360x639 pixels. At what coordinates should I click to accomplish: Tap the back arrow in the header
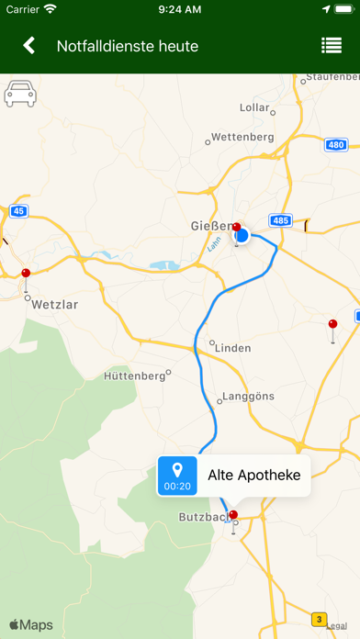click(29, 46)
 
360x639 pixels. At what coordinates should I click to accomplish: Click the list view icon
click(332, 46)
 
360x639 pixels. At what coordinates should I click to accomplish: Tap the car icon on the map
click(20, 94)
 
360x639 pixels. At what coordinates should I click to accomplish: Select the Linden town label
click(232, 347)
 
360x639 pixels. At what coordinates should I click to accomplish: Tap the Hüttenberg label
click(134, 376)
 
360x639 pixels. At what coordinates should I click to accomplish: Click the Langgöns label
click(249, 399)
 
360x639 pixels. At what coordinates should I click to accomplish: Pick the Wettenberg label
click(243, 137)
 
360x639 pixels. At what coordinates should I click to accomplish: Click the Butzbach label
click(201, 517)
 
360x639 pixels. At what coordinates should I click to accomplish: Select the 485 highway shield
click(280, 220)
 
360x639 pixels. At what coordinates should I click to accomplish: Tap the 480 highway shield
click(335, 144)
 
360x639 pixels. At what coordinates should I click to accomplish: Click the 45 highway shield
click(18, 211)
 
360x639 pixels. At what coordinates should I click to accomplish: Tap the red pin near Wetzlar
click(26, 274)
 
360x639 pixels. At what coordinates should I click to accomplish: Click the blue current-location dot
click(242, 236)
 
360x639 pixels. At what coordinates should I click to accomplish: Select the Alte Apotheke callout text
click(254, 475)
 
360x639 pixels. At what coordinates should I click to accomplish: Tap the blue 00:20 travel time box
click(177, 475)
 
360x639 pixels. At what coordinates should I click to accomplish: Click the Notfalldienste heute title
click(128, 46)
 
